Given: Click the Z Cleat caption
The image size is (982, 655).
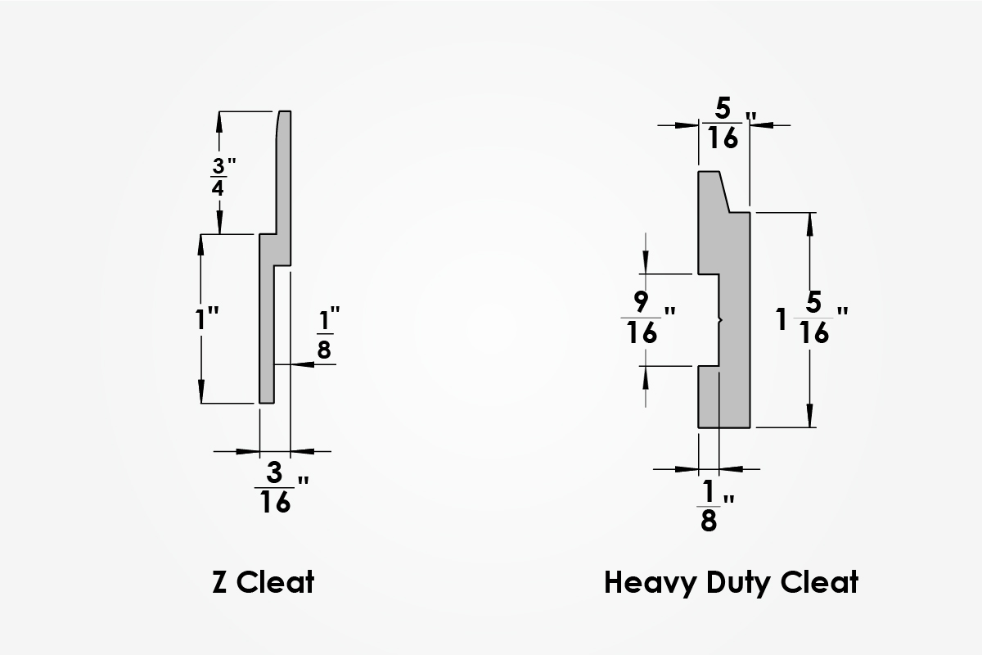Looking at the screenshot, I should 263,582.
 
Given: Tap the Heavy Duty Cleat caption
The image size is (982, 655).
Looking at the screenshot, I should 731,582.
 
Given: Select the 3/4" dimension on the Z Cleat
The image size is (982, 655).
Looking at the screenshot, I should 218,175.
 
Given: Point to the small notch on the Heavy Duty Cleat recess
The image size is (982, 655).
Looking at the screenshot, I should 719,320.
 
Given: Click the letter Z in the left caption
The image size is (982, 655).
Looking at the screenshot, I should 219,582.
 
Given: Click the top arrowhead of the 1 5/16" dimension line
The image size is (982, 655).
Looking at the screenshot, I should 810,219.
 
